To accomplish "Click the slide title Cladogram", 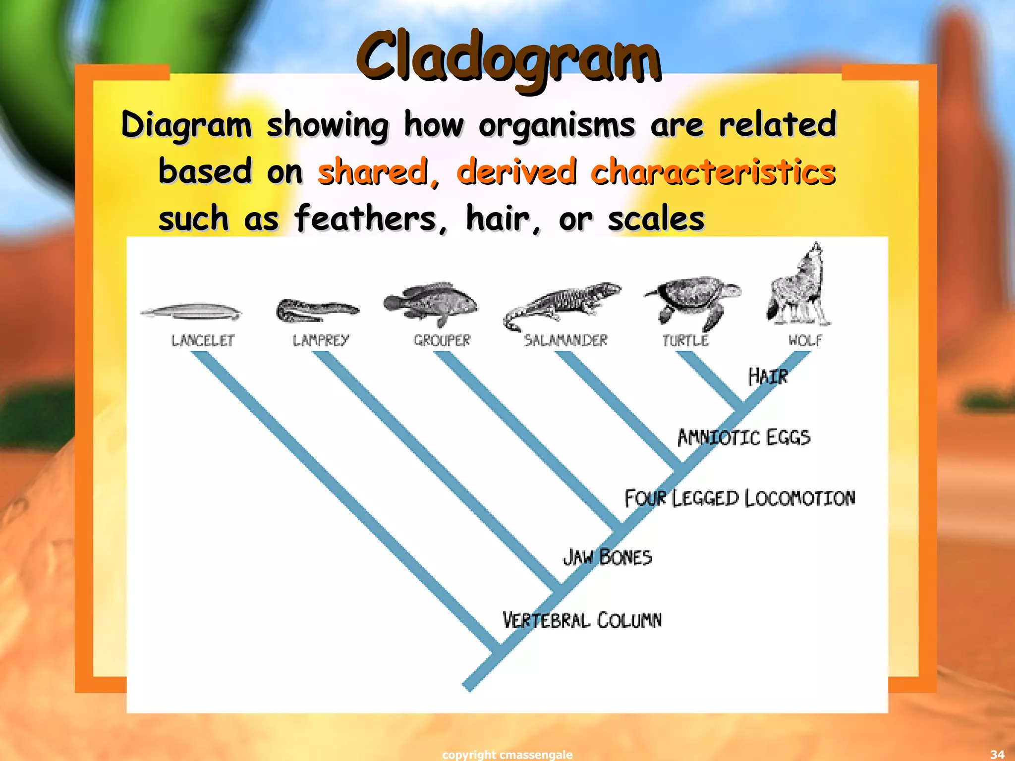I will (x=508, y=58).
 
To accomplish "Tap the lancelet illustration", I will (x=191, y=312).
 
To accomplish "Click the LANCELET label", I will (x=203, y=340).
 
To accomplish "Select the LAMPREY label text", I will (x=321, y=340).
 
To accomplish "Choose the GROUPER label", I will (x=442, y=340).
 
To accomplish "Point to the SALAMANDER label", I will (x=565, y=340).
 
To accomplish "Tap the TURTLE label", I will (x=685, y=340).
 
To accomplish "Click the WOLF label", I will (x=805, y=340).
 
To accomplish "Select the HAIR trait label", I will (x=768, y=377).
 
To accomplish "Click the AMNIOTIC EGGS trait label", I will (x=744, y=437).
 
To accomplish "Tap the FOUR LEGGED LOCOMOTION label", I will (x=739, y=498).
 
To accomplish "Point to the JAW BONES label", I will (x=607, y=557).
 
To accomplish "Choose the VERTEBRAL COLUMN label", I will (x=582, y=620).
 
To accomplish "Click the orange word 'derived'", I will (x=516, y=171).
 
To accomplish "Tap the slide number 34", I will (x=997, y=755).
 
